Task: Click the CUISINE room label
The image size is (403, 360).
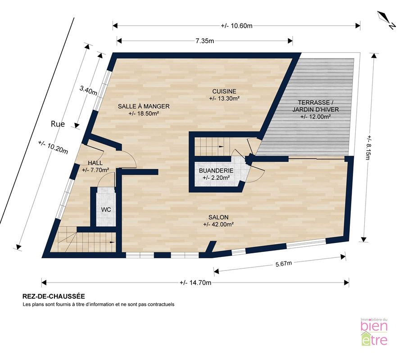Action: (224, 91)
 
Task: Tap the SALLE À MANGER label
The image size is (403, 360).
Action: (144, 106)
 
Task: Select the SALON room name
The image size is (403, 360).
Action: (218, 217)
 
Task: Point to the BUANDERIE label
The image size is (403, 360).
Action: (216, 171)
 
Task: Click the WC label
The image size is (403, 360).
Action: (106, 210)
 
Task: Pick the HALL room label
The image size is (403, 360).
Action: (95, 163)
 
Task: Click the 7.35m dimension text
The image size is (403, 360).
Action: (205, 41)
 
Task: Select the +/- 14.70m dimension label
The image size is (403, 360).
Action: (195, 283)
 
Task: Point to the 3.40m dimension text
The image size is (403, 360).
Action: (88, 90)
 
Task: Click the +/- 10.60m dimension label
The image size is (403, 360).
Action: (236, 26)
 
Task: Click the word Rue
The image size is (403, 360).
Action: (58, 124)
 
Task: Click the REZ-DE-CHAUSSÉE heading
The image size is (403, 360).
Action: (54, 296)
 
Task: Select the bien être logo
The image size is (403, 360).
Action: (374, 332)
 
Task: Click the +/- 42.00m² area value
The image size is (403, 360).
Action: (218, 224)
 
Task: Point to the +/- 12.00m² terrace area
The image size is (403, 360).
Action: (315, 116)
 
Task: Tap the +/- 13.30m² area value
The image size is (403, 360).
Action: (224, 98)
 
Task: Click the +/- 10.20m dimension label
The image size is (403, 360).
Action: (53, 148)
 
